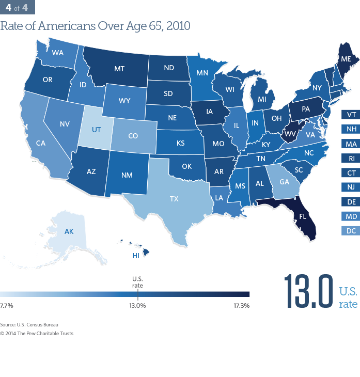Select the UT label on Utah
pos(97,130)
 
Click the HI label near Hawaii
pos(136,256)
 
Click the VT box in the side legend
pos(350,115)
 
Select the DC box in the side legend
pos(350,230)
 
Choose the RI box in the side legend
pos(350,158)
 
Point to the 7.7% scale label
pos(7,306)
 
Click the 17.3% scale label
pos(242,306)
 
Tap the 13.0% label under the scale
pos(137,306)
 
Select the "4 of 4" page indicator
pos(18,8)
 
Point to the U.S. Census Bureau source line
pos(29,324)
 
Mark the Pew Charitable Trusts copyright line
pos(37,333)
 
